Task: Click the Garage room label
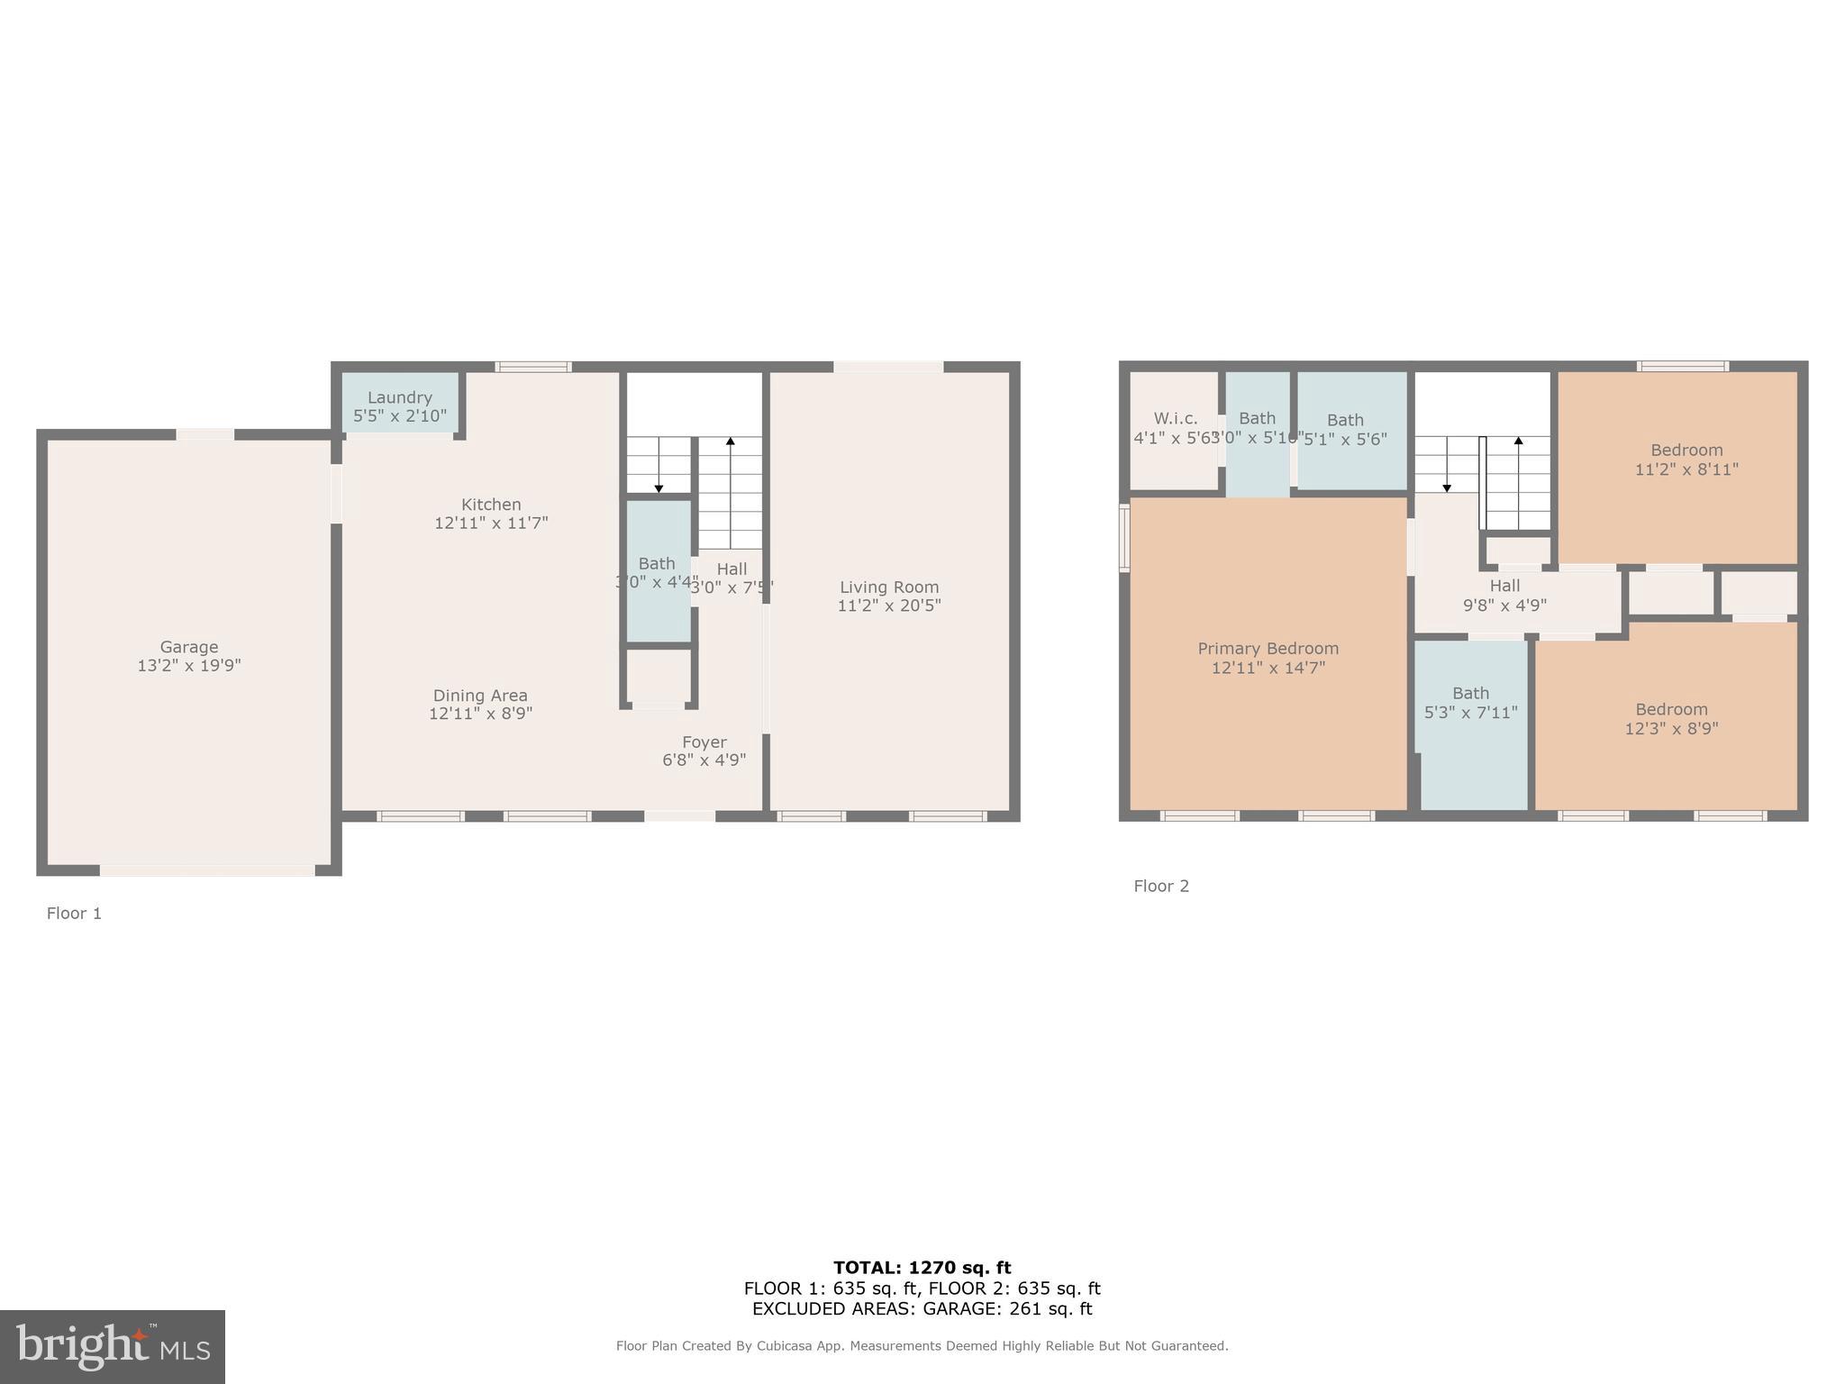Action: (189, 647)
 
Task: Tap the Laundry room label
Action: (399, 397)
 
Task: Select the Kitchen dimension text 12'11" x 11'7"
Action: (491, 523)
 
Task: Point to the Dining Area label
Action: (480, 696)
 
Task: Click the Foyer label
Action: (704, 742)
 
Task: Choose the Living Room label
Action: (889, 587)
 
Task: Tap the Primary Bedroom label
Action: (1268, 649)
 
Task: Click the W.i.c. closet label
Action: (1176, 419)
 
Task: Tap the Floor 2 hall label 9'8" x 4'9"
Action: (1504, 596)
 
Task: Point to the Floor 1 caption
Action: (74, 914)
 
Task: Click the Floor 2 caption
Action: (1161, 887)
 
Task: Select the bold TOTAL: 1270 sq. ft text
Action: (922, 1268)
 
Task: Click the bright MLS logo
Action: (113, 1346)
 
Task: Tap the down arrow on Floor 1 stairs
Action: (659, 487)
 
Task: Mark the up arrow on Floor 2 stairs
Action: (1518, 442)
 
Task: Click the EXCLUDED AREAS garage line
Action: (922, 1309)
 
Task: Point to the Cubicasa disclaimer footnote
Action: (922, 1346)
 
